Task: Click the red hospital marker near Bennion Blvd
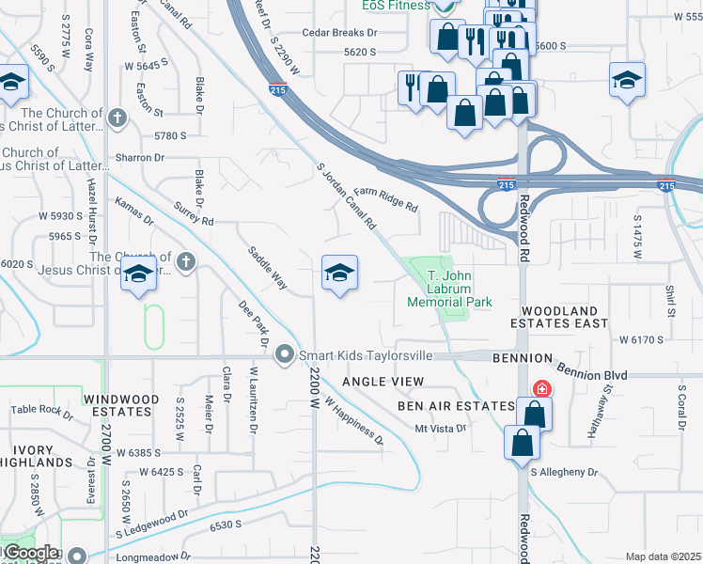pyautogui.click(x=542, y=388)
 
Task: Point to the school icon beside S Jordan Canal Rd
pyautogui.click(x=339, y=274)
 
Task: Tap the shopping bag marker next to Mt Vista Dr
pyautogui.click(x=534, y=414)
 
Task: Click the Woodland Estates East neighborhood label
pyautogui.click(x=572, y=317)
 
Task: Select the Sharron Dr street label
pyautogui.click(x=140, y=158)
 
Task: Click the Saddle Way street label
pyautogui.click(x=267, y=267)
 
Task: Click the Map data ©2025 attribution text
pyautogui.click(x=663, y=556)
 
